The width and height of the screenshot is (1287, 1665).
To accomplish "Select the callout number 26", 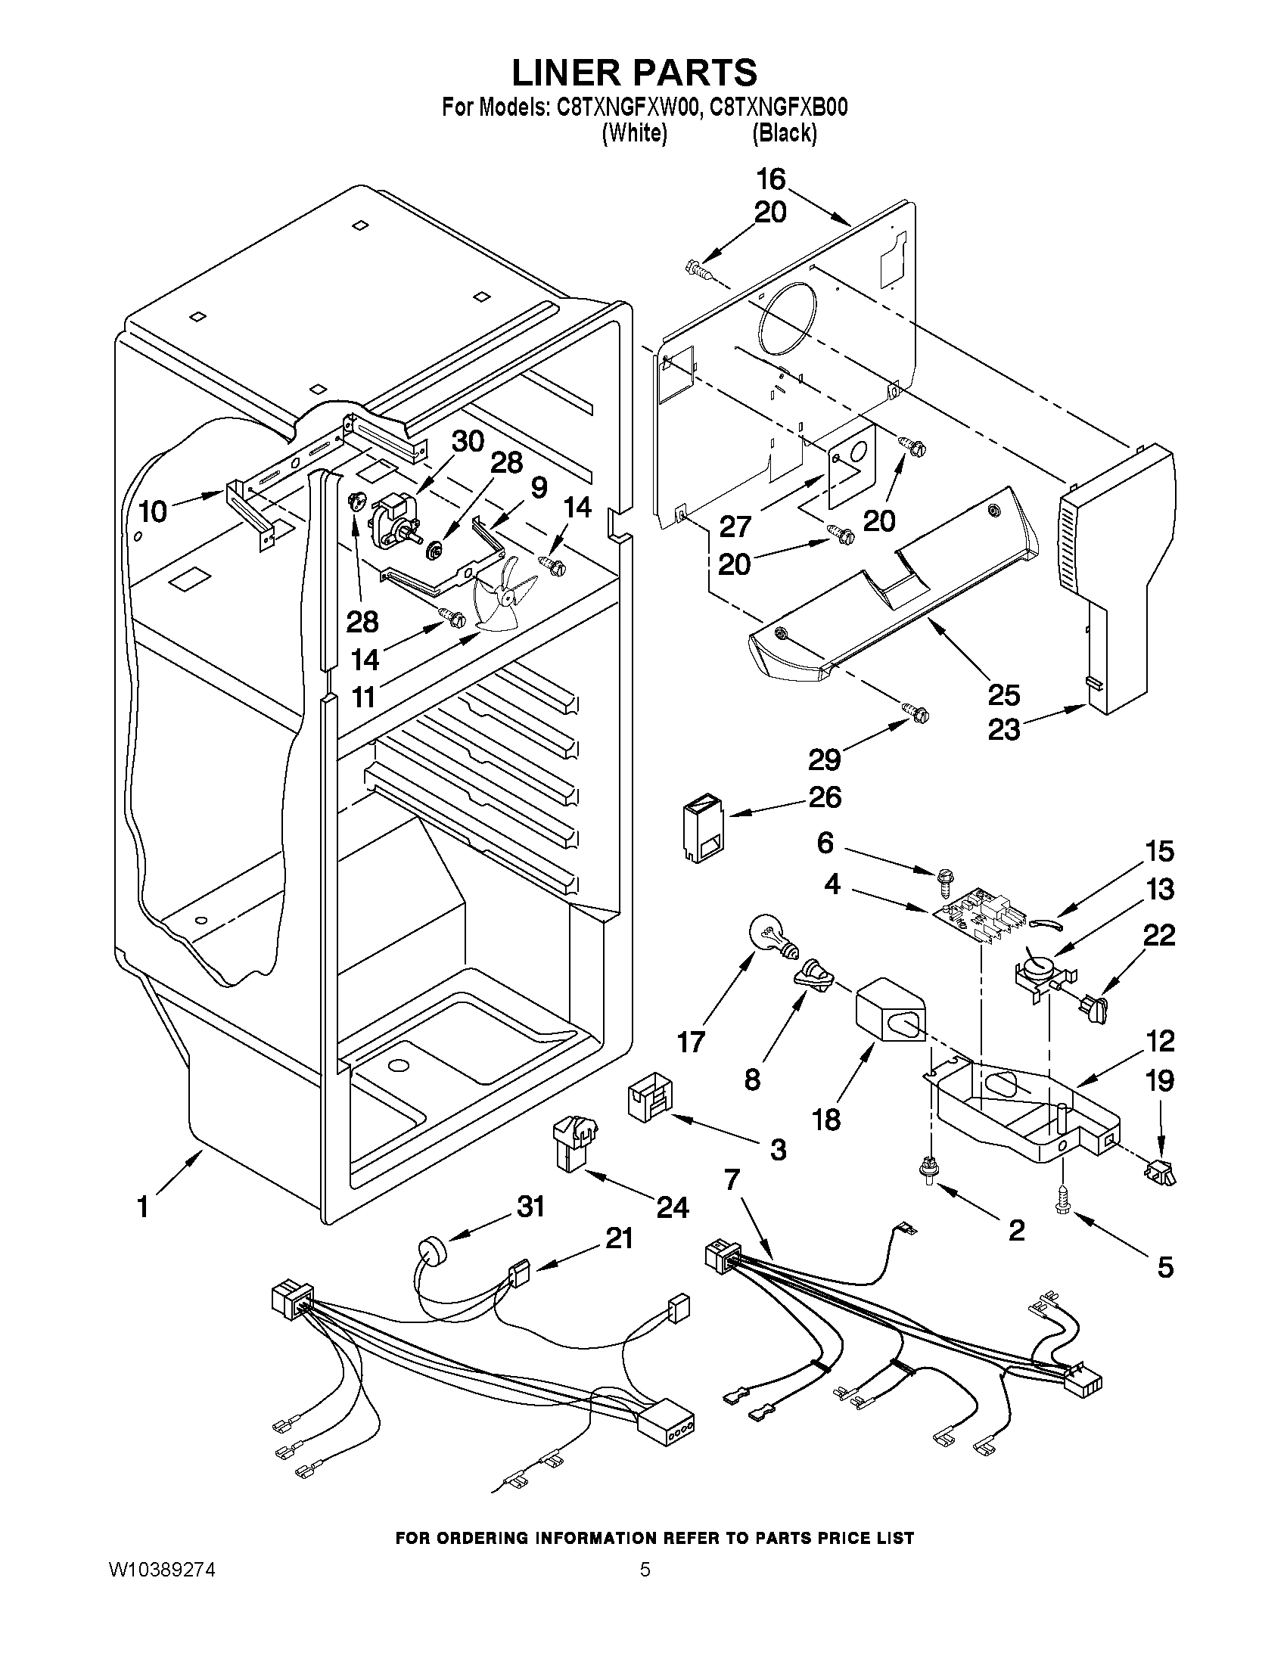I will click(823, 797).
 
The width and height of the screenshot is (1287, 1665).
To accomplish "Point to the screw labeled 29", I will click(917, 713).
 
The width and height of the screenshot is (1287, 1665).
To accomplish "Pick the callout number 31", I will click(530, 1206).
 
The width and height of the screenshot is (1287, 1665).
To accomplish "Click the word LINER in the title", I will click(570, 73).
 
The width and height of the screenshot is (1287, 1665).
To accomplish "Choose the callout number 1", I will click(142, 1207).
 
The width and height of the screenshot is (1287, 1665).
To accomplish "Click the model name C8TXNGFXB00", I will click(779, 107).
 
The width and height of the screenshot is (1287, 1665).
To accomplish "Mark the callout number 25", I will click(1003, 694).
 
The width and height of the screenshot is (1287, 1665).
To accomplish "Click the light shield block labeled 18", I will click(890, 1011).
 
